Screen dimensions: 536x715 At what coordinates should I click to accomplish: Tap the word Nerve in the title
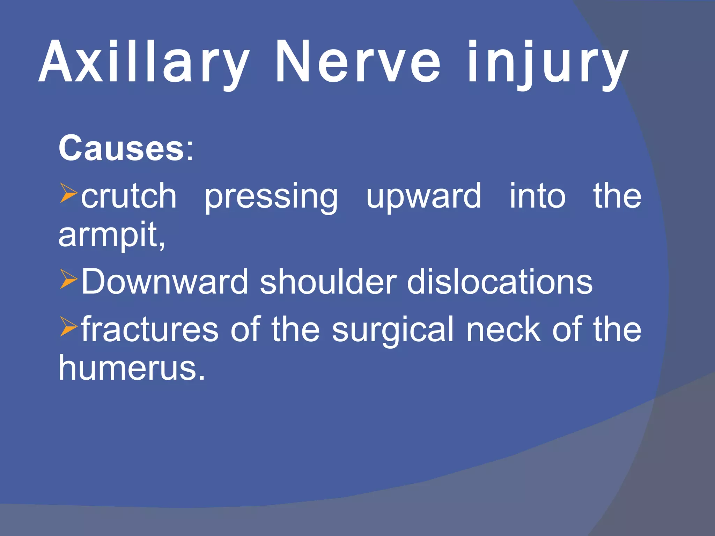[x=358, y=63]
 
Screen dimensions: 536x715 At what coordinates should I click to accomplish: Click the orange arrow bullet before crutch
[x=68, y=193]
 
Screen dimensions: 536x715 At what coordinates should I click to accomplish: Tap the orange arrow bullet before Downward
[x=68, y=279]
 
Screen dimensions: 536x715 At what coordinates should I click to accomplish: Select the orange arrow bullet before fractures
[x=68, y=327]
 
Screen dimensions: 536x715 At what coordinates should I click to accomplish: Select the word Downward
[x=164, y=282]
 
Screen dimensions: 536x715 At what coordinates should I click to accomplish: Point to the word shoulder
[x=328, y=282]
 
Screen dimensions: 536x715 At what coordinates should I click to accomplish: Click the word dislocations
[x=500, y=282]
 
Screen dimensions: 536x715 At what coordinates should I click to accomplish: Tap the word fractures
[x=150, y=330]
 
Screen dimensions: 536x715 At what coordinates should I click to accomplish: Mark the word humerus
[x=131, y=368]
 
